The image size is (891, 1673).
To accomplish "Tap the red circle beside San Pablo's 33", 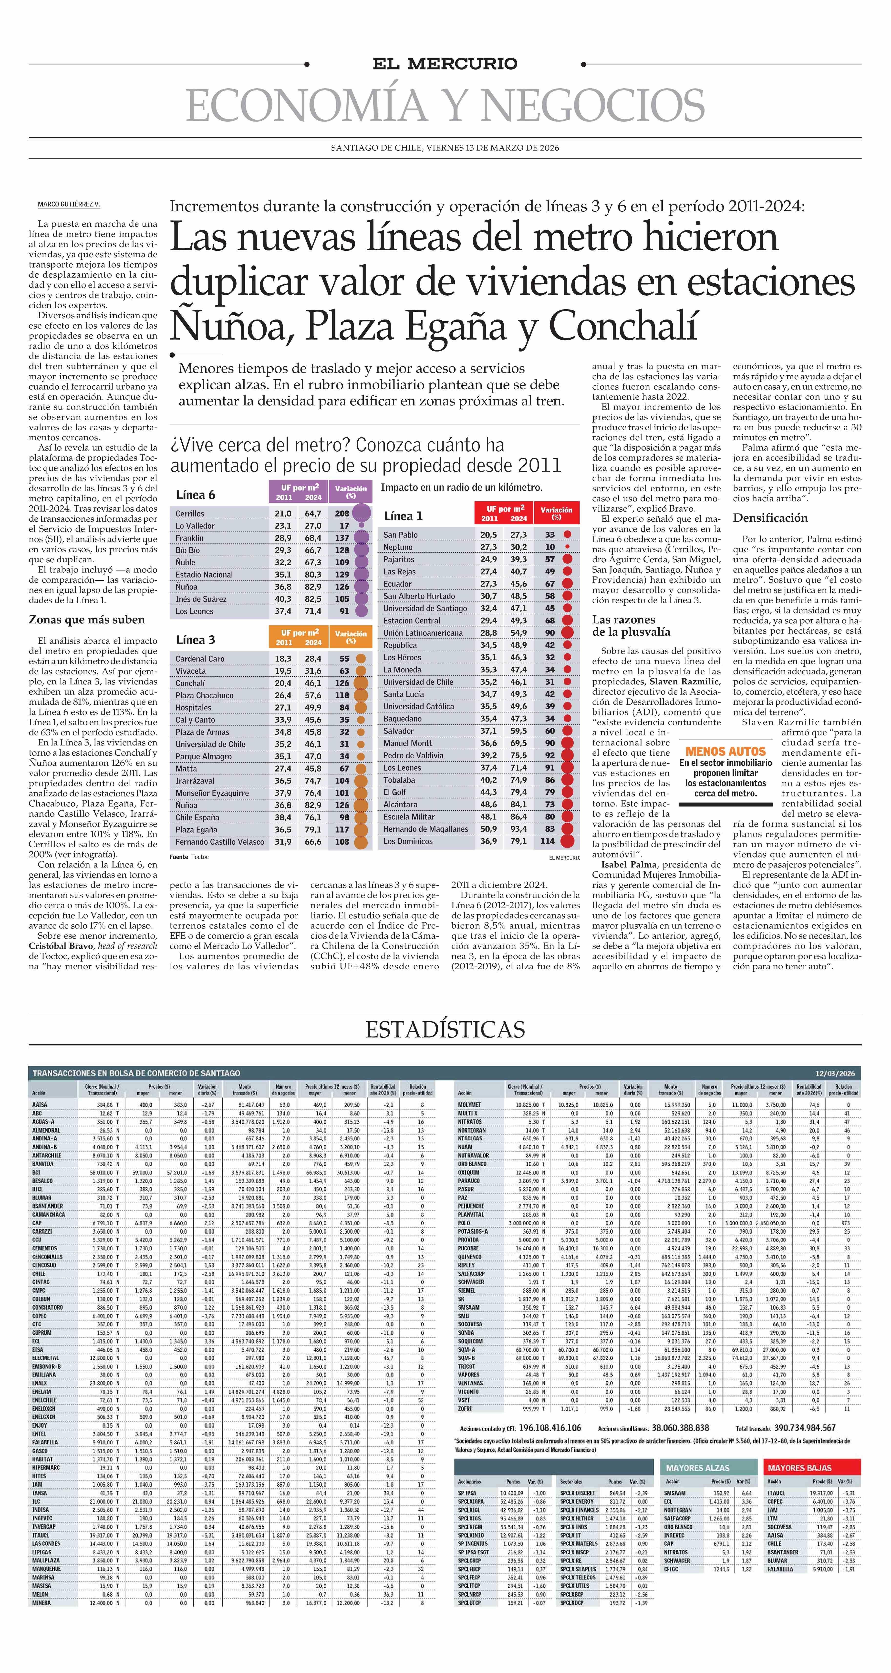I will coord(568,535).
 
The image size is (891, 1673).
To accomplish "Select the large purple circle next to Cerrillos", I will coord(362,513).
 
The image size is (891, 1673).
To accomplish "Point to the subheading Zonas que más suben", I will coord(86,620).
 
